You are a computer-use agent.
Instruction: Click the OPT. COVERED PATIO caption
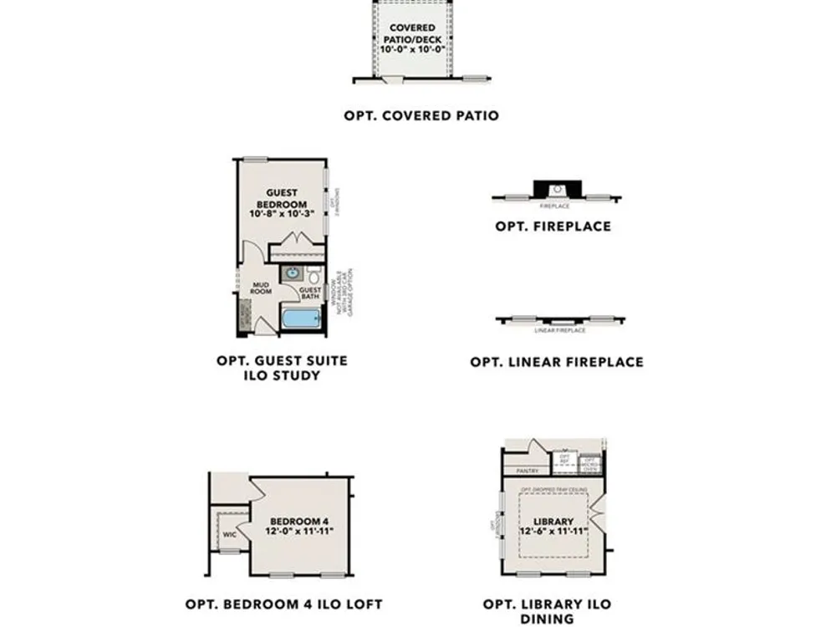point(421,115)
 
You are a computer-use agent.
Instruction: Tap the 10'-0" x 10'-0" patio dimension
point(411,50)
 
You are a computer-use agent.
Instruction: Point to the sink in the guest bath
point(292,273)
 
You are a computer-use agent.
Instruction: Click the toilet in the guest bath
point(313,275)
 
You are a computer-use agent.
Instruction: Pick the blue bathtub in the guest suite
point(301,319)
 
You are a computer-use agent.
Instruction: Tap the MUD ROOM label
point(264,288)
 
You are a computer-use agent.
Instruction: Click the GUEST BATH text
point(310,293)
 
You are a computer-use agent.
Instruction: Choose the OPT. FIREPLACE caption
point(553,226)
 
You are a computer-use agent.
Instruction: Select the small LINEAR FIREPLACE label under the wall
point(559,330)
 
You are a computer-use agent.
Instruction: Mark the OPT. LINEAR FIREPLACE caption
point(557,362)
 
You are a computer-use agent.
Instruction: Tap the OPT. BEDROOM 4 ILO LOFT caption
point(283,604)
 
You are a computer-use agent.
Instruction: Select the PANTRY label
point(527,471)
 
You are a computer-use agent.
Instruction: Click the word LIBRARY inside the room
point(553,521)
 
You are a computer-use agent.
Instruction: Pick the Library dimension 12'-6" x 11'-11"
point(553,532)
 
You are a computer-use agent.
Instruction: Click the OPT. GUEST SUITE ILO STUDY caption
point(282,368)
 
